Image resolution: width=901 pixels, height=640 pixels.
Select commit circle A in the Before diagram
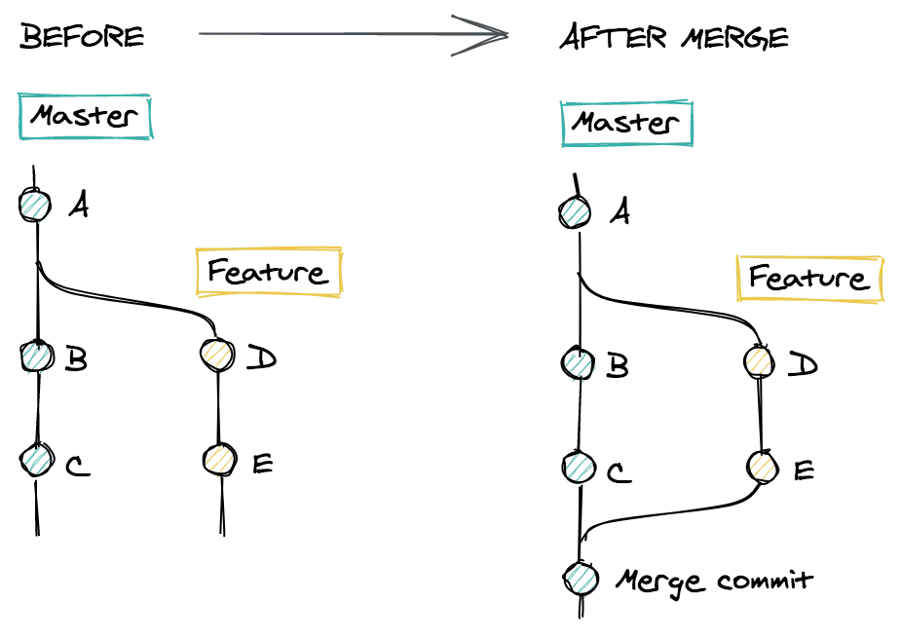(x=35, y=206)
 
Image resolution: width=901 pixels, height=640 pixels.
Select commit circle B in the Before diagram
(x=37, y=357)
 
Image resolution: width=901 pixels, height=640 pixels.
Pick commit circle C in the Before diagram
(x=37, y=460)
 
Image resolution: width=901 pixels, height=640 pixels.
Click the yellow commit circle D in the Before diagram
(x=218, y=355)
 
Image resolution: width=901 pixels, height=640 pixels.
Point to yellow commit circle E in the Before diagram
(x=219, y=459)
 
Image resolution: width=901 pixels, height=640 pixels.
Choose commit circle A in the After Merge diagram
(x=575, y=212)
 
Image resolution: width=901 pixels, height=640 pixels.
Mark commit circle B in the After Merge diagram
(x=578, y=363)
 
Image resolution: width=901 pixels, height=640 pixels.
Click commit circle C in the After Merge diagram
(x=579, y=467)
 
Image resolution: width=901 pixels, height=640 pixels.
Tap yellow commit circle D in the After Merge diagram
(x=759, y=361)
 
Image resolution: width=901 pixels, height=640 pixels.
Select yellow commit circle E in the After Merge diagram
(x=763, y=466)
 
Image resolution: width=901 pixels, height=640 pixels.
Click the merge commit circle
(x=581, y=578)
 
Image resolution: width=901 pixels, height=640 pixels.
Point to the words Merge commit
(x=715, y=582)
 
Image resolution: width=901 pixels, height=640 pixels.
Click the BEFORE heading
(x=82, y=36)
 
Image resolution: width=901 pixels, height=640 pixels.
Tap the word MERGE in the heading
(x=735, y=38)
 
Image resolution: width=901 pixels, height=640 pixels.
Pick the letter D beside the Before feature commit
(x=262, y=358)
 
